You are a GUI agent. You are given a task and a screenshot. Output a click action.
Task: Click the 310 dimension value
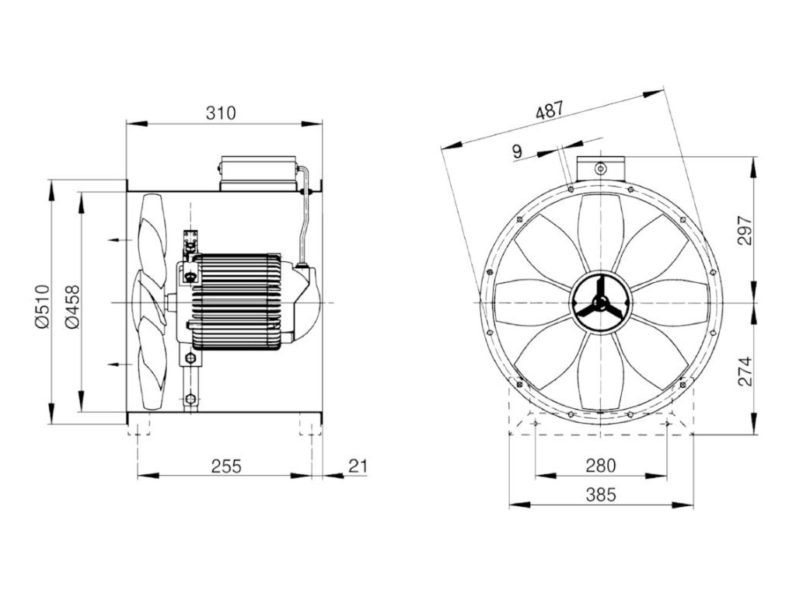coord(221,113)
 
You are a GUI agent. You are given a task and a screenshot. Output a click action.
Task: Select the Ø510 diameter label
coord(43,306)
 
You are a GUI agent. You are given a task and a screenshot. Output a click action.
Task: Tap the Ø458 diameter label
coord(72,306)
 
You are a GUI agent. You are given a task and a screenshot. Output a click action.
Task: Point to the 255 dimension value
coord(226,466)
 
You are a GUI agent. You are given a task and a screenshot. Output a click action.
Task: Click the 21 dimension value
coord(358,466)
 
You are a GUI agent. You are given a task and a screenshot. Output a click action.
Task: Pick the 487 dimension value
coord(550,110)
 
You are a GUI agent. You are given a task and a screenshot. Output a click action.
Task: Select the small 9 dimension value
coord(517,152)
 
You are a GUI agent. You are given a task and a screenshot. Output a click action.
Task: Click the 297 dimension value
coord(745,230)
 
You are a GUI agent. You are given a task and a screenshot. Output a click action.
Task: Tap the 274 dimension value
coord(745,371)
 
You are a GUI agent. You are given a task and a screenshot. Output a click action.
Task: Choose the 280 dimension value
coord(601,465)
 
